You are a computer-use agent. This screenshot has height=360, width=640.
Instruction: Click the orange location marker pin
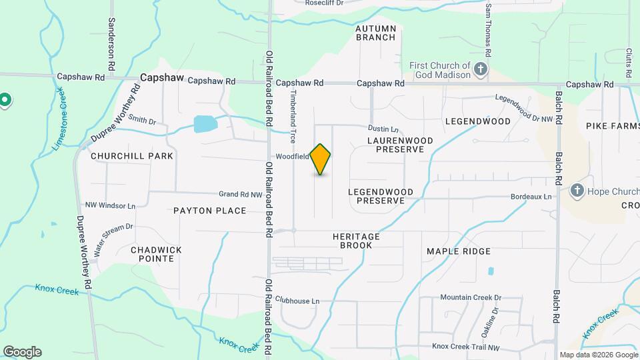tap(321, 159)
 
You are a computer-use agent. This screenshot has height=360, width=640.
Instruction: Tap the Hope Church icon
tap(577, 191)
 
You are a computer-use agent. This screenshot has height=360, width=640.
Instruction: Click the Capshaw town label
tap(162, 77)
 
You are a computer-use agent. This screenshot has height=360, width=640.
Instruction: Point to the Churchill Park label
tap(132, 156)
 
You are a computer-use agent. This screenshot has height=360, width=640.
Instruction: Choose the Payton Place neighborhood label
tap(210, 211)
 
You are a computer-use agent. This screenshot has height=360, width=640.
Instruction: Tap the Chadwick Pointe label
tap(156, 254)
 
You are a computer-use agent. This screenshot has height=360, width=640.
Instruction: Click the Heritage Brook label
tap(356, 241)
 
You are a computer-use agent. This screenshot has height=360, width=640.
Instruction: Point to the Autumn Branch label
tap(376, 33)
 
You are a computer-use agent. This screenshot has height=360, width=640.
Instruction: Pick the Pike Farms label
tap(612, 126)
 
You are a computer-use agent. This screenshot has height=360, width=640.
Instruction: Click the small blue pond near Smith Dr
tap(205, 124)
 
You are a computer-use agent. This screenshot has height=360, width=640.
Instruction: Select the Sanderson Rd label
tap(112, 37)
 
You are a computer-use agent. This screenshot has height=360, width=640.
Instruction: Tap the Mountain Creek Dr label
tap(470, 297)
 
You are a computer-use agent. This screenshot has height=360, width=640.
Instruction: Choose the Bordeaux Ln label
tap(531, 197)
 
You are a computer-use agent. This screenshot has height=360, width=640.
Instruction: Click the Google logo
tap(22, 352)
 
